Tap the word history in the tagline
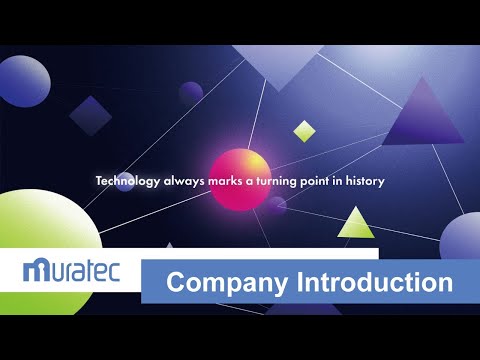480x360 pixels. coord(364,181)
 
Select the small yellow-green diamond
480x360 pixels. coord(304,130)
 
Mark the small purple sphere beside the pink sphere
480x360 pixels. coord(275,206)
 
